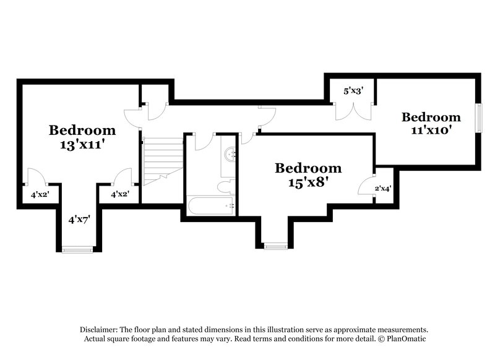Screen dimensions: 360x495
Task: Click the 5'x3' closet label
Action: pos(353,91)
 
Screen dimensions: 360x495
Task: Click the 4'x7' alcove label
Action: pos(79,219)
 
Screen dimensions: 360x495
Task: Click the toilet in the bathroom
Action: pos(226,186)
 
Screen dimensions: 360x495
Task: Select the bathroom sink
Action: pos(230,154)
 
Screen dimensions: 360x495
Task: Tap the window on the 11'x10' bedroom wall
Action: pos(478,116)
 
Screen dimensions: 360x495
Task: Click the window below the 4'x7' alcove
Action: pos(77,249)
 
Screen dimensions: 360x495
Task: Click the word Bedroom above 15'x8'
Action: pos(308,168)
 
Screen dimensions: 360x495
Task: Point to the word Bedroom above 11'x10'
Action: pos(431,117)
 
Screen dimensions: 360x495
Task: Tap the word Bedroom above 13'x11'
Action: pos(82,130)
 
